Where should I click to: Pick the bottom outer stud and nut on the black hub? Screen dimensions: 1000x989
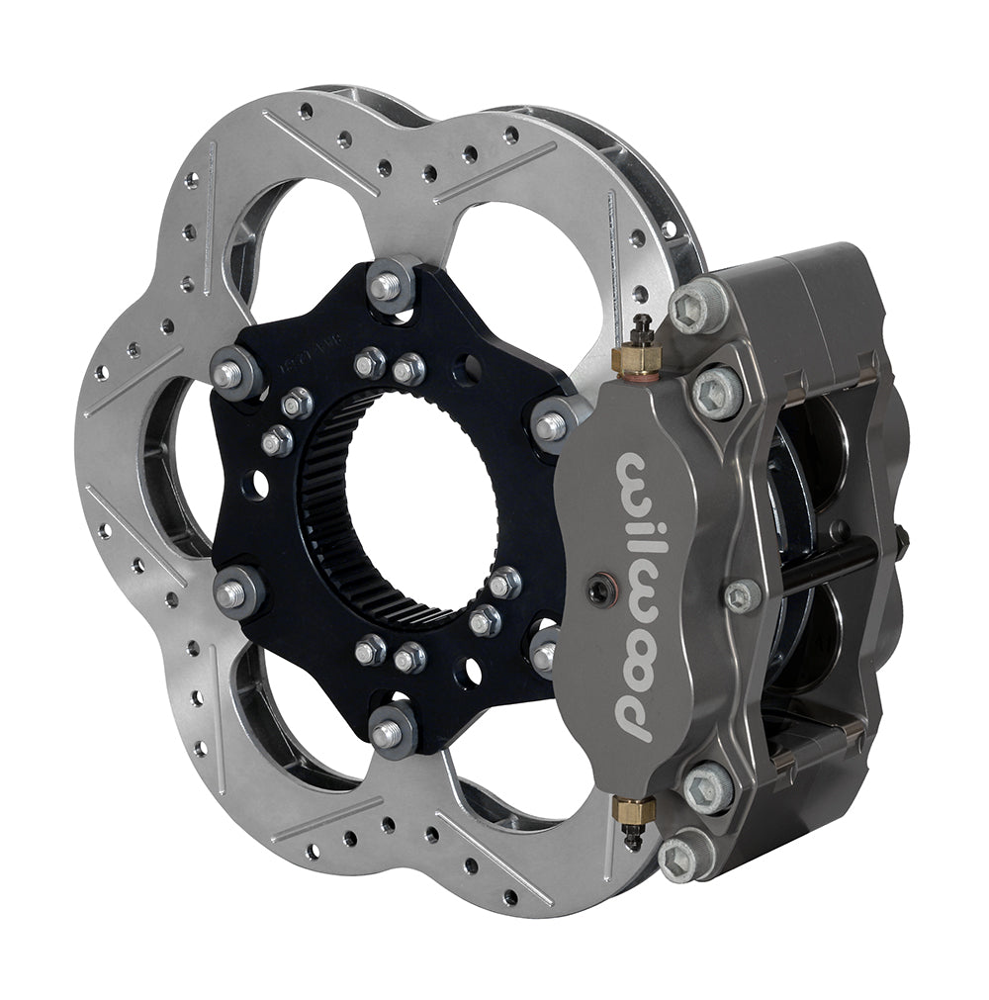(390, 732)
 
